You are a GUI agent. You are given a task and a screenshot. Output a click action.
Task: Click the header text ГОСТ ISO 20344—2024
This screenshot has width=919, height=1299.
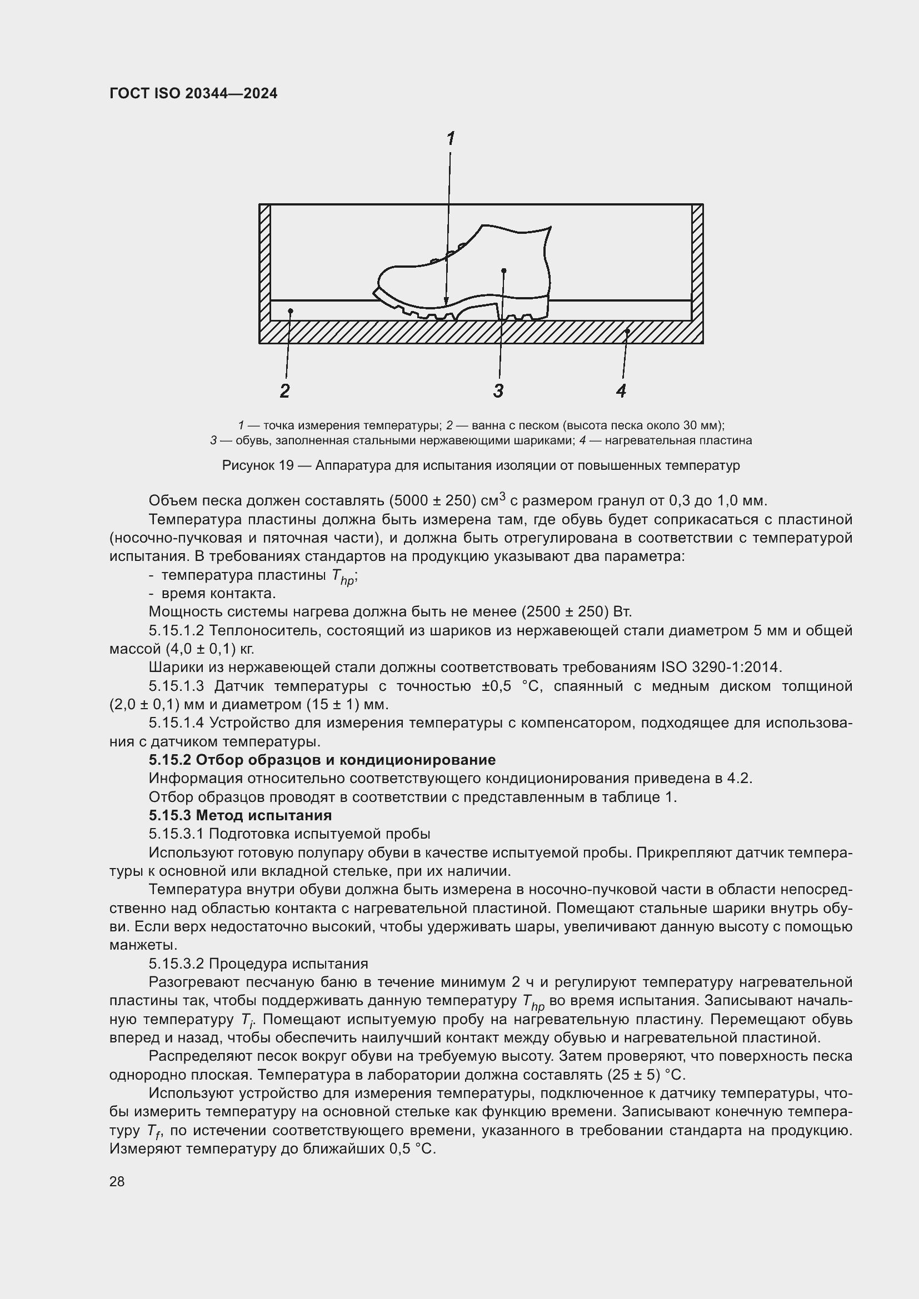(193, 93)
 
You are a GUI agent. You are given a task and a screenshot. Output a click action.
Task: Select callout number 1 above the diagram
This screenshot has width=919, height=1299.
(451, 138)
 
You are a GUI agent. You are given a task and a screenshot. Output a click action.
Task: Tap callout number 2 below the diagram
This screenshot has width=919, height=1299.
(284, 391)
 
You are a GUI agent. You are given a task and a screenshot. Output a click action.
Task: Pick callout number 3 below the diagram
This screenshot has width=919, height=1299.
(498, 391)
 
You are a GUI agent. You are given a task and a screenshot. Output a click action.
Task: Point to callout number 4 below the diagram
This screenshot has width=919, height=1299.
(621, 391)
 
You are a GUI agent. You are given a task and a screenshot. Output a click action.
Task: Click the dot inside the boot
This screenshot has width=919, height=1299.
(503, 270)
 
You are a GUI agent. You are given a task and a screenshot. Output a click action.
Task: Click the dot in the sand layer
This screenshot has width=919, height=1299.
(290, 310)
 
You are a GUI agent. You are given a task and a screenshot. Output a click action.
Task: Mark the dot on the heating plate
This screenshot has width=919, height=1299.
(627, 331)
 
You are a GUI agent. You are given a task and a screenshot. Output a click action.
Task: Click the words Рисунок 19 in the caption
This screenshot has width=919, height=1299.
(257, 465)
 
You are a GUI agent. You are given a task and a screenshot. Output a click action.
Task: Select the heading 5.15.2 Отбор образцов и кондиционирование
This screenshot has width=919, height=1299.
(322, 760)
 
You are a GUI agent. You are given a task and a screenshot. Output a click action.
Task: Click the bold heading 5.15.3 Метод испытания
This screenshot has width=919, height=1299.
(240, 815)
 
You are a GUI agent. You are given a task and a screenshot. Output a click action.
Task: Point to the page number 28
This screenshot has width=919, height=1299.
(117, 1181)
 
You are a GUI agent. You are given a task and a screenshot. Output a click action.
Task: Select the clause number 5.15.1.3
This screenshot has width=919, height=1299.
(176, 686)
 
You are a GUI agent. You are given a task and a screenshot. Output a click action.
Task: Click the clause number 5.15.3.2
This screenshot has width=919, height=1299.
(176, 964)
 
